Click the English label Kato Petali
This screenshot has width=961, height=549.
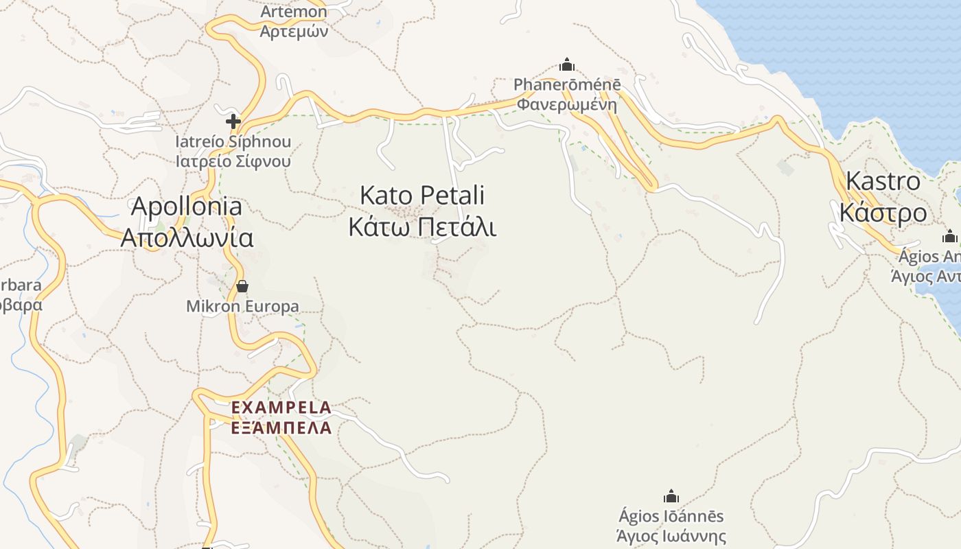tap(422, 196)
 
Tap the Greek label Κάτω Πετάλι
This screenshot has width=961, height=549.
tap(422, 226)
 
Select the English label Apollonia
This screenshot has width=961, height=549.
tap(187, 206)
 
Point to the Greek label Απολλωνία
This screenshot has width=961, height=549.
tap(187, 237)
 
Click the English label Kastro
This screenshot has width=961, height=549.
tap(883, 181)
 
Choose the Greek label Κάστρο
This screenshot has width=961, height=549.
tap(883, 213)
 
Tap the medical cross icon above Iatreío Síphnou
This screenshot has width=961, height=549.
tap(233, 121)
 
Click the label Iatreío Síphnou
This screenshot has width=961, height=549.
tap(233, 142)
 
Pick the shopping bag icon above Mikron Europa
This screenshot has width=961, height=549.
tap(242, 285)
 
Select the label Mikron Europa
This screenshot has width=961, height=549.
tap(242, 306)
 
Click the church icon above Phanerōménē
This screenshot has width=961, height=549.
tap(567, 65)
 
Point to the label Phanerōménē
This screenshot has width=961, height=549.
tap(567, 85)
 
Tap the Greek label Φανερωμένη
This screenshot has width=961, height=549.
tap(567, 105)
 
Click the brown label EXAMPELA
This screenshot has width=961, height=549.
tap(281, 408)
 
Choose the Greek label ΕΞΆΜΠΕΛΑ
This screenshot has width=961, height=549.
tap(281, 428)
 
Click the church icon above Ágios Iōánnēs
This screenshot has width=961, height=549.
tap(671, 496)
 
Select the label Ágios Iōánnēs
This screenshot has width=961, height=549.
tap(671, 516)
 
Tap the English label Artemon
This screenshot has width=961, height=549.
tap(294, 12)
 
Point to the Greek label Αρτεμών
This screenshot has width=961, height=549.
tap(294, 31)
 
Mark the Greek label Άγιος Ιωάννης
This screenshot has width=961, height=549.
tap(671, 536)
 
